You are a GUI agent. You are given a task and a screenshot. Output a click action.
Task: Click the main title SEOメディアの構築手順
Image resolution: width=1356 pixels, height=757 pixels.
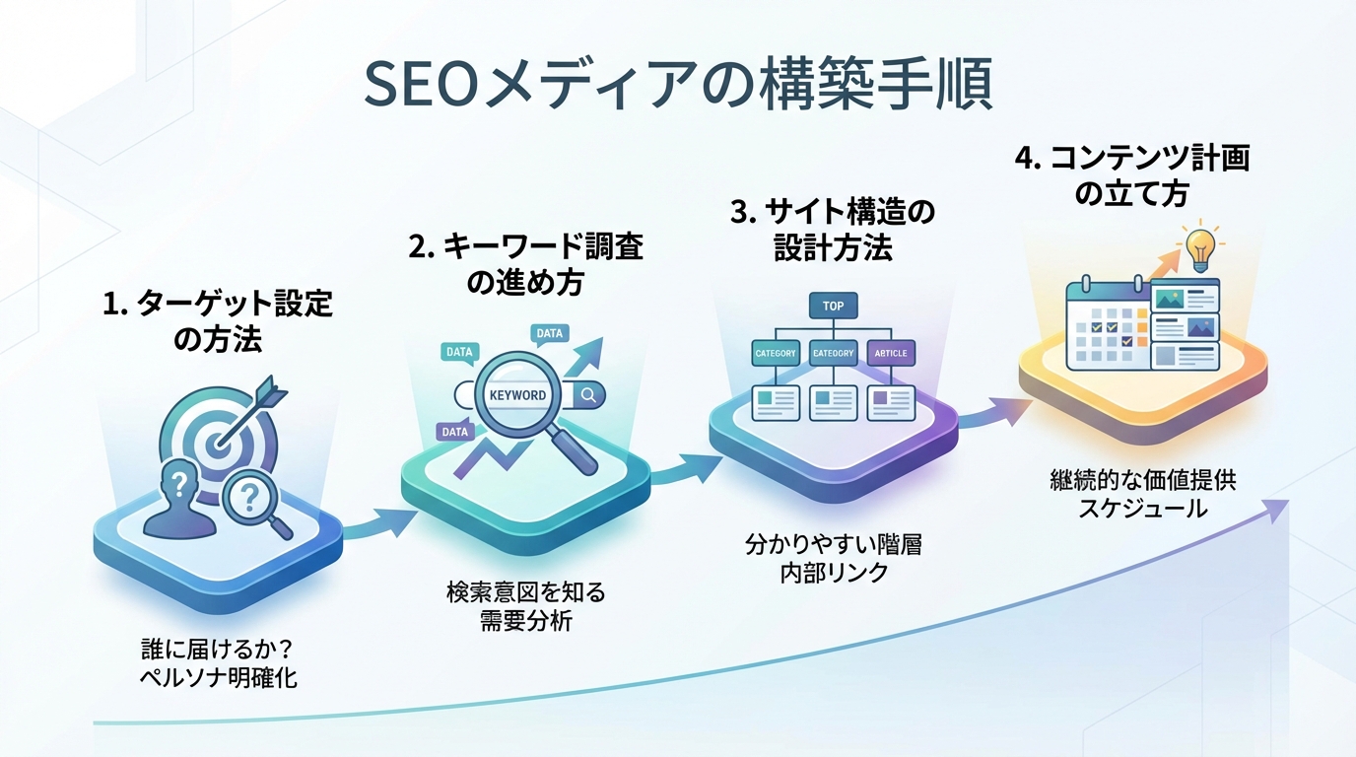[678, 87]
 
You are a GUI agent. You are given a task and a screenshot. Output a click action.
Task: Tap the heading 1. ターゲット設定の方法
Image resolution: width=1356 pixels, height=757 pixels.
[218, 321]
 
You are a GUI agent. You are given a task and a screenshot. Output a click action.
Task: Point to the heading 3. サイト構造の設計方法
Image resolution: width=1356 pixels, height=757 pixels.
[833, 229]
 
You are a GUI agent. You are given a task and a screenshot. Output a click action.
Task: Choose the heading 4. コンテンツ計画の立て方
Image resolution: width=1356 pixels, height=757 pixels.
[1131, 174]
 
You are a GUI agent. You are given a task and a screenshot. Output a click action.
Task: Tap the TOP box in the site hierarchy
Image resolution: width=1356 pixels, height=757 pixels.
[833, 306]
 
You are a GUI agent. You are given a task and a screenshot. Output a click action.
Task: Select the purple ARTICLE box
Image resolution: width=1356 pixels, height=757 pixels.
[891, 353]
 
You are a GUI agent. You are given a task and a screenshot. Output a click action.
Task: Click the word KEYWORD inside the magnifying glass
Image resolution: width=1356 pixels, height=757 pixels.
[517, 395]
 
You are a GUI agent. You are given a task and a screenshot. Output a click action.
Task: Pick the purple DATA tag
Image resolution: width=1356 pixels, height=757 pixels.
[455, 431]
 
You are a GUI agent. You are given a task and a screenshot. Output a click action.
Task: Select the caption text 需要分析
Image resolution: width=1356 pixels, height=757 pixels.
[524, 621]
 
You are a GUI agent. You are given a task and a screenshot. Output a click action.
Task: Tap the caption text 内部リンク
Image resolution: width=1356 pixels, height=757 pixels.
[833, 572]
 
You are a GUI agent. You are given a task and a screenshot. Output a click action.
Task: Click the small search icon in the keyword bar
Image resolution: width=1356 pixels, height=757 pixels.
[589, 395]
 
